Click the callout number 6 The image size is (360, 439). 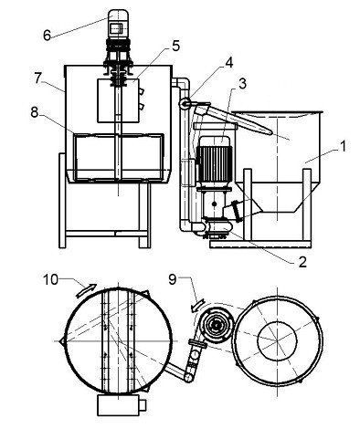(47, 36)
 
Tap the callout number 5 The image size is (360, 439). (175, 46)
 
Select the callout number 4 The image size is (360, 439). (229, 63)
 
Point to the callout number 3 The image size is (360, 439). (242, 84)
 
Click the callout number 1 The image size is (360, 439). (343, 146)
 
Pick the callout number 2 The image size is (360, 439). (302, 262)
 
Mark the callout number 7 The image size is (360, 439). (37, 78)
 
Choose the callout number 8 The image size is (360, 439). (35, 113)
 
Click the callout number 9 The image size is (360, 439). (173, 279)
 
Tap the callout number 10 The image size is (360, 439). (50, 279)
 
